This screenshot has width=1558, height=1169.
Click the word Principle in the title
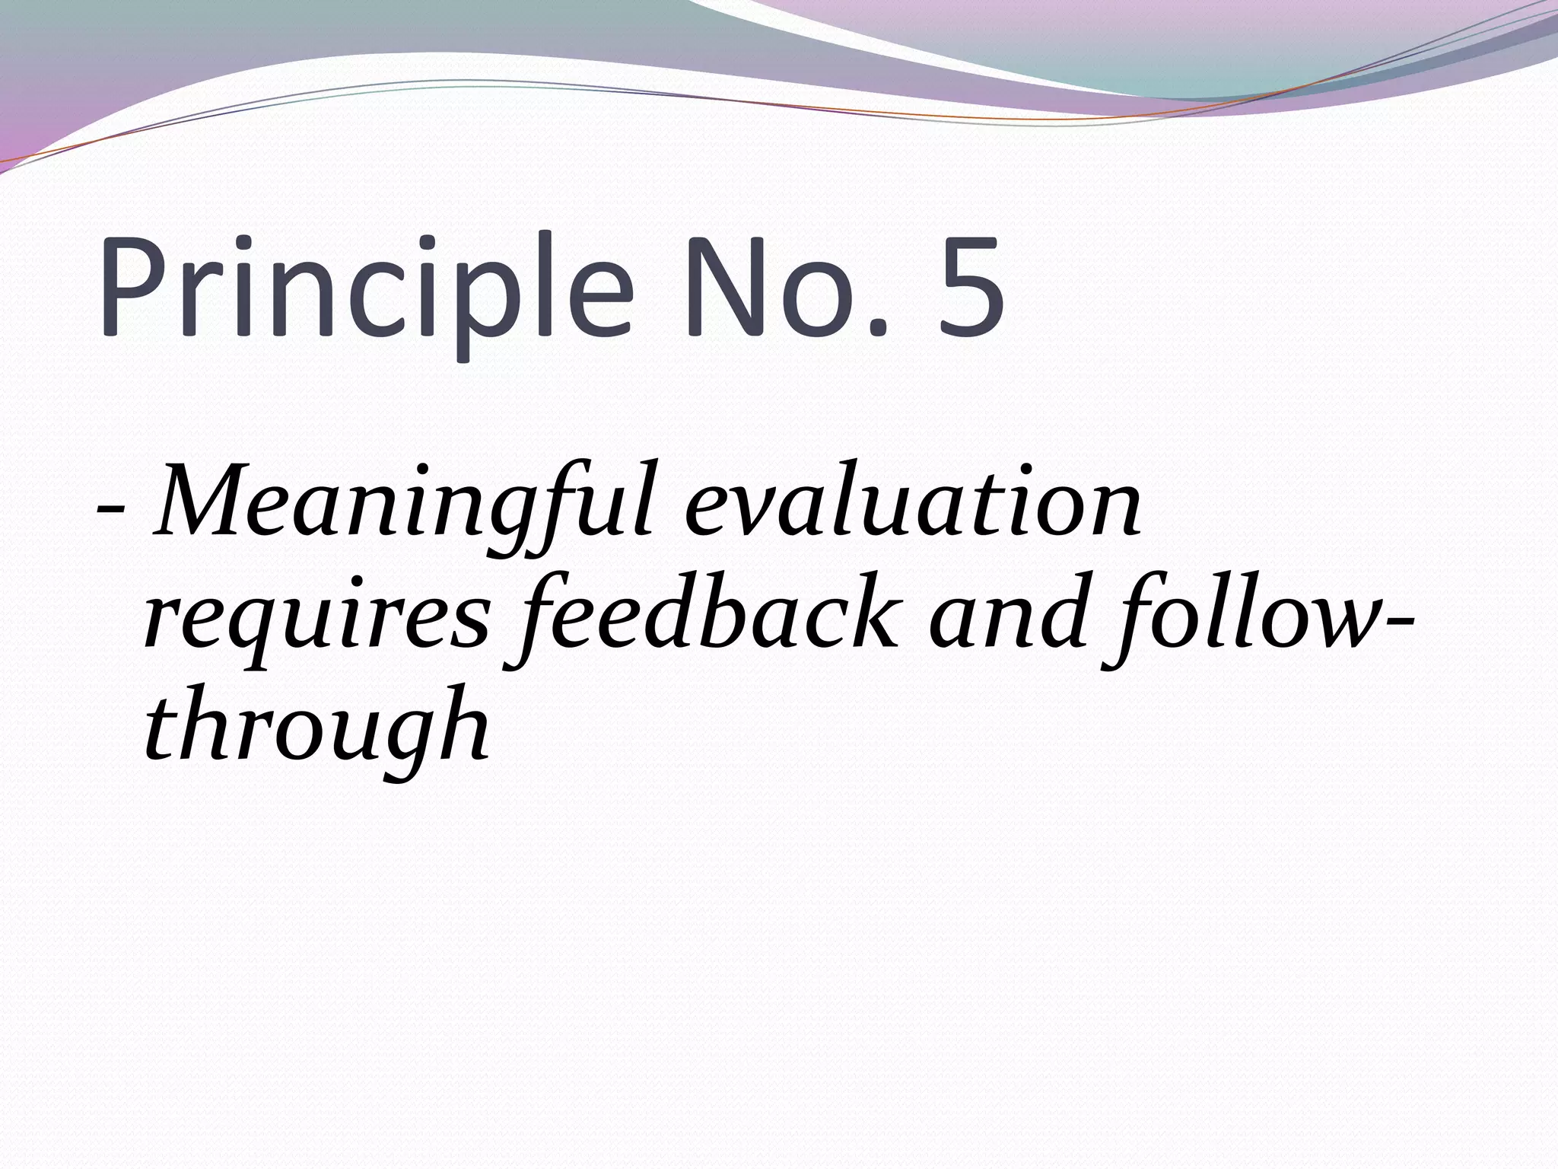(364, 289)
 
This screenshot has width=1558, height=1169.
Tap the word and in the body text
(1003, 620)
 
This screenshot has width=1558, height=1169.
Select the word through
(316, 727)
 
